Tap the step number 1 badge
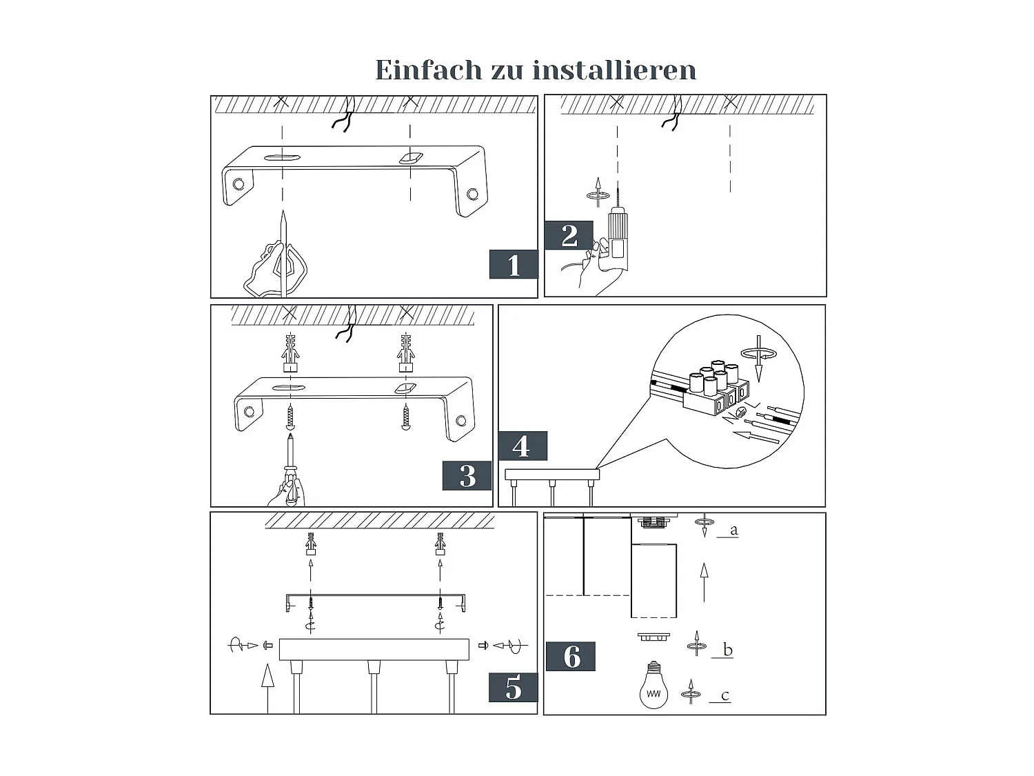514,265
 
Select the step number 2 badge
569,236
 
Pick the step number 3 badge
467,476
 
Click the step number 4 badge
522,446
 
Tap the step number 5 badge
514,688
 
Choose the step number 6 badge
571,657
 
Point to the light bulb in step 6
653,686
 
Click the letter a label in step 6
733,530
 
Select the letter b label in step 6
727,650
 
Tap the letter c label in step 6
724,695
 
